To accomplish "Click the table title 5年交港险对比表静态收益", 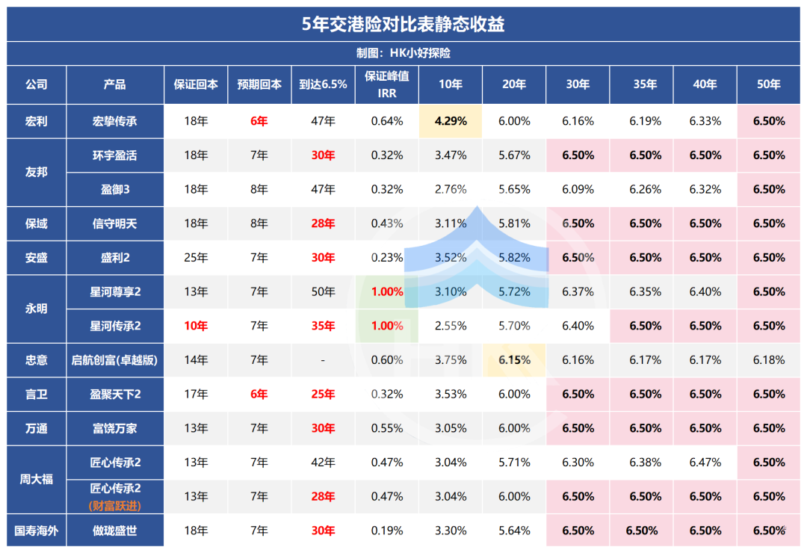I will [x=403, y=24].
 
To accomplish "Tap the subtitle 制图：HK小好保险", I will [x=403, y=54].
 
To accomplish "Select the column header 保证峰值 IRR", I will [x=387, y=84].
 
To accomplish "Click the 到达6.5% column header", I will [x=323, y=84].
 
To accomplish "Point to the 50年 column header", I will [x=769, y=84].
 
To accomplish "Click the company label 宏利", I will [x=36, y=121].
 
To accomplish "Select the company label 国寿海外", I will [x=36, y=531].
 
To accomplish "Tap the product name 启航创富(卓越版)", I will [x=115, y=360].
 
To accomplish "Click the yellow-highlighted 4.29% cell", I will [x=451, y=121].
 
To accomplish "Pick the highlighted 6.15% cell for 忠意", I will [x=514, y=360].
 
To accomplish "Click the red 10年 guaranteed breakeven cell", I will [x=196, y=326].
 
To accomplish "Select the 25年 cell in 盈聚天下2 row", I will [x=323, y=394].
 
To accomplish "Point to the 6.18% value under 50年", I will [x=769, y=360].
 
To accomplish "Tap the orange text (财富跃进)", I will [x=115, y=506].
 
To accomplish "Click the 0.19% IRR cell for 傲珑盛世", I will [x=387, y=531].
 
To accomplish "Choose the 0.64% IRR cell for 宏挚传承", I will [x=387, y=121].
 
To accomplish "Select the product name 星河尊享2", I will [x=115, y=291].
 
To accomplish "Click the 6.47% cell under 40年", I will [x=705, y=463].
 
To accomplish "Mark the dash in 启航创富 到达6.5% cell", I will [x=323, y=360].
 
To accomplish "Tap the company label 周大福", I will [x=36, y=479].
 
